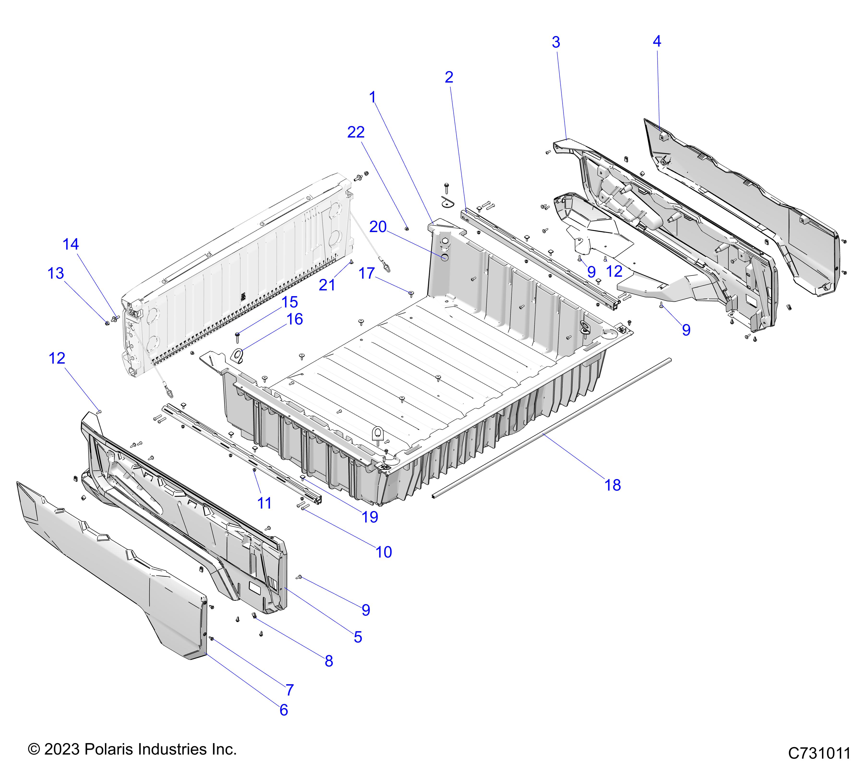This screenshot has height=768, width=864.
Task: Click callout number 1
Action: point(372,98)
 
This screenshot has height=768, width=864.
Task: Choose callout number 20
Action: point(378,227)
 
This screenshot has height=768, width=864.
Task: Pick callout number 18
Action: point(612,485)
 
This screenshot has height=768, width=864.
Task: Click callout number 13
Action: point(56,273)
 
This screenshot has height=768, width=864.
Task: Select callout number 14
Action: point(71,244)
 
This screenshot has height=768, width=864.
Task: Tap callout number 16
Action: point(295,319)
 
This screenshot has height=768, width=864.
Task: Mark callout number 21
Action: point(327,285)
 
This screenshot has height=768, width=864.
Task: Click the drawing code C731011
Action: point(819,753)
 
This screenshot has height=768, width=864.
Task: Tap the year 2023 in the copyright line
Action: point(62,750)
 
